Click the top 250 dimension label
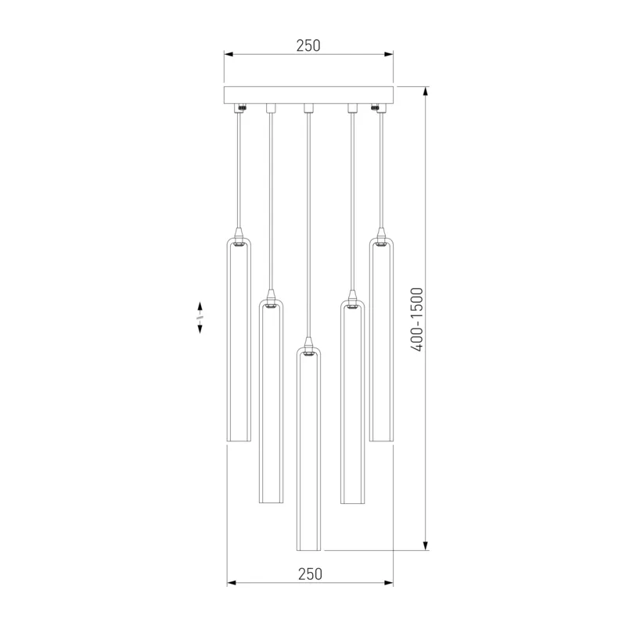[x=308, y=46]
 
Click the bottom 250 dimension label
[x=310, y=574]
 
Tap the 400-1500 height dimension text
[x=417, y=319]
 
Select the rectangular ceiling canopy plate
[x=308, y=95]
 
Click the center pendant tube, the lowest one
[x=308, y=449]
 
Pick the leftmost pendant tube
[x=239, y=340]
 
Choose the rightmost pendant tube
[x=381, y=340]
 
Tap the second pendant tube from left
[x=271, y=401]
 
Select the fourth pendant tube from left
[x=353, y=401]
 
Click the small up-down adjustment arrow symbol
[x=200, y=318]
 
